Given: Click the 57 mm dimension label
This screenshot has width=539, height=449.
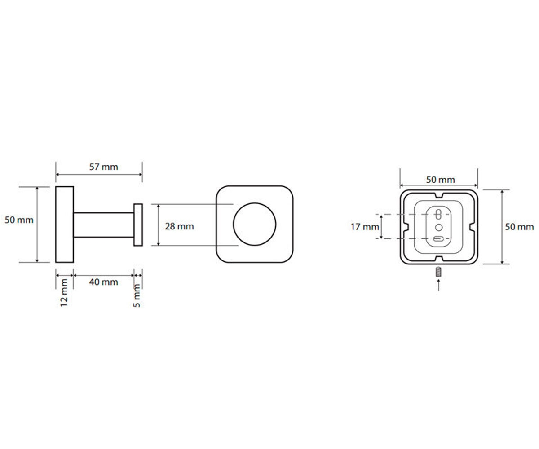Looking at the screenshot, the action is coord(103,167).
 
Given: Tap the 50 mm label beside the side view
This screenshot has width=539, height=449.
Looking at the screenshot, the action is coord(19,220).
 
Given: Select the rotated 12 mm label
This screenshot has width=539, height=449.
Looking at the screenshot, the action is coord(64,293).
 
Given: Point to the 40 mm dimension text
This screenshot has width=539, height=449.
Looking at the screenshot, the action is coord(103,282).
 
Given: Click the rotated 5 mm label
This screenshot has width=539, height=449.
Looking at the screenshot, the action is coord(137,295).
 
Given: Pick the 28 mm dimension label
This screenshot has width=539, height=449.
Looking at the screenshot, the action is coord(179,226).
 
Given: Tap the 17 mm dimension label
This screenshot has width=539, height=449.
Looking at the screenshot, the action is coord(365,227).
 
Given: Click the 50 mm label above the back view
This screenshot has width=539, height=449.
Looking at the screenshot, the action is coord(440,180).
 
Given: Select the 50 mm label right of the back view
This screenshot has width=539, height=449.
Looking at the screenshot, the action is coord(519,227).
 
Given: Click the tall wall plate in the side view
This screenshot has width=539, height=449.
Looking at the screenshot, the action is coord(65,224).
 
